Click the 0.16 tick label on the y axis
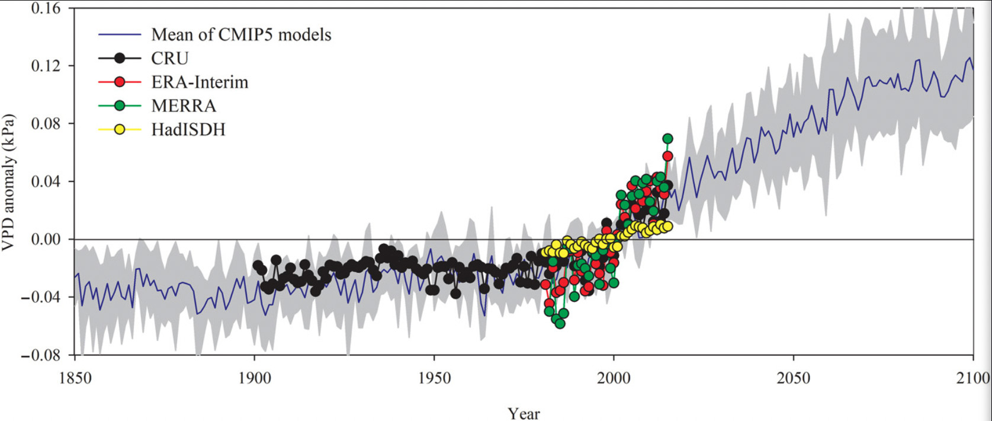pyautogui.click(x=46, y=8)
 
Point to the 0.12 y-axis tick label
pyautogui.click(x=46, y=65)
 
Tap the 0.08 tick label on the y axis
pyautogui.click(x=46, y=123)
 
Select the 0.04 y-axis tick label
pyautogui.click(x=46, y=181)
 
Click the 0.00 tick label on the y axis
pyautogui.click(x=46, y=239)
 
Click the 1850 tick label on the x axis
pyautogui.click(x=75, y=378)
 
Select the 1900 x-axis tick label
pyautogui.click(x=255, y=378)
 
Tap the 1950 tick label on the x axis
pyautogui.click(x=434, y=378)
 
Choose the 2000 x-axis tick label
pyautogui.click(x=614, y=378)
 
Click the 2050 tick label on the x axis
pyautogui.click(x=794, y=378)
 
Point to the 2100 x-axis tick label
pyautogui.click(x=973, y=378)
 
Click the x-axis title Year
pyautogui.click(x=524, y=413)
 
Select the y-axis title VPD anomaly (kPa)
pyautogui.click(x=8, y=182)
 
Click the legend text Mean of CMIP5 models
pyautogui.click(x=241, y=34)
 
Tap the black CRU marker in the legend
pyautogui.click(x=120, y=58)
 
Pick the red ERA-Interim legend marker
pyautogui.click(x=120, y=82)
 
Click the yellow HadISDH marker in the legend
pyautogui.click(x=120, y=129)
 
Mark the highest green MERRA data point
pyautogui.click(x=667, y=138)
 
